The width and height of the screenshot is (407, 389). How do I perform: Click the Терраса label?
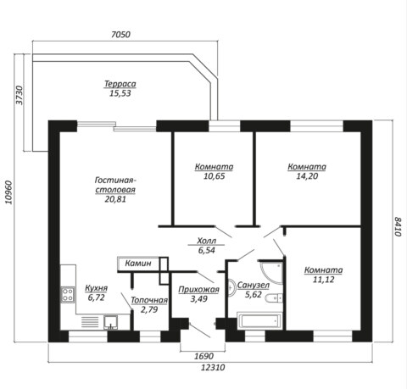tap(120, 84)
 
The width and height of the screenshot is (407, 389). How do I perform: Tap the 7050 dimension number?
tap(120, 35)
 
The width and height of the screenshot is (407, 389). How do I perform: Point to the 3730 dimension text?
tap(20, 95)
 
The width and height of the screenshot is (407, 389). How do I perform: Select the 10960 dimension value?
tap(8, 192)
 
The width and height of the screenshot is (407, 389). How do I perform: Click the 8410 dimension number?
tap(398, 227)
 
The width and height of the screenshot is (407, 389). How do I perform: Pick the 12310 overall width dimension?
tap(213, 367)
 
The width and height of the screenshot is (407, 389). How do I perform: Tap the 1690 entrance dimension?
tap(203, 356)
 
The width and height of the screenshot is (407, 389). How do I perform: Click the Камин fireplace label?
tap(138, 264)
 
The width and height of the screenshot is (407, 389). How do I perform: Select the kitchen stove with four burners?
tap(68, 294)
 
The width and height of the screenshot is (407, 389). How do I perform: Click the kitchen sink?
tap(111, 322)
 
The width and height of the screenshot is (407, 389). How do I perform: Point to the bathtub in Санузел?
tap(259, 320)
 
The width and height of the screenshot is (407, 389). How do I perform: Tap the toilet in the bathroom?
tap(274, 298)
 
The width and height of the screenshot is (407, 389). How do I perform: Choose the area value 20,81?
tap(115, 199)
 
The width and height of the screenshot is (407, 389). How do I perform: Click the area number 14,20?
tap(307, 176)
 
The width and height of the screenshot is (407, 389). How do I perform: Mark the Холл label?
tap(207, 241)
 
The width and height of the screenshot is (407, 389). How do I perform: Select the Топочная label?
tap(149, 300)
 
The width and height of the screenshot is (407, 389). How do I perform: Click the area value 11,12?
tap(323, 280)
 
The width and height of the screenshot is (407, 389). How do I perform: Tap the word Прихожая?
tap(198, 290)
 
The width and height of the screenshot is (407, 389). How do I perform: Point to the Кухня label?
tap(97, 288)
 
